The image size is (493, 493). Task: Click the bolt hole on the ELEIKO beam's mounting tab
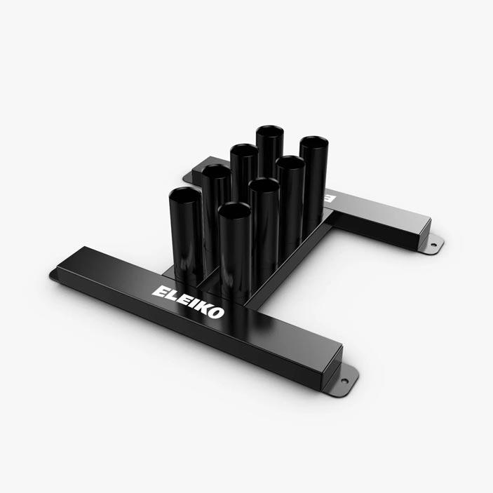344,381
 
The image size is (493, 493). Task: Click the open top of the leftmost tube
184,194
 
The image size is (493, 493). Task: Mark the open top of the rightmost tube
313,144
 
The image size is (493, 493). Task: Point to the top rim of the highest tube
269,132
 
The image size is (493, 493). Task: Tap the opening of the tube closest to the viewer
235,210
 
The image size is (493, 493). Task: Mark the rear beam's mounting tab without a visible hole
187,180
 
